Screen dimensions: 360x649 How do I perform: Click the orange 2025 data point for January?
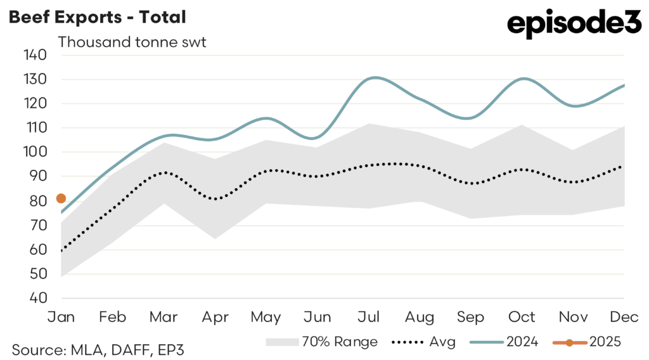(x=61, y=198)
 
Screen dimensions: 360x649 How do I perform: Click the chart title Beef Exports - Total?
(x=97, y=17)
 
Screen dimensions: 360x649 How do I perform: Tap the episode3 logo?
(x=575, y=25)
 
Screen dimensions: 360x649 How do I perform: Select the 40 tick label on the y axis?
(x=37, y=299)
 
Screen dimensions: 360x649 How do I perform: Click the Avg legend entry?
(x=424, y=342)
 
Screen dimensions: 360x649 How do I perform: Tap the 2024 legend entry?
(x=504, y=342)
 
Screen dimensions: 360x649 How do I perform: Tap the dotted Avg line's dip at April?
(x=215, y=199)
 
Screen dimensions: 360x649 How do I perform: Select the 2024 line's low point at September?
(x=470, y=118)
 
